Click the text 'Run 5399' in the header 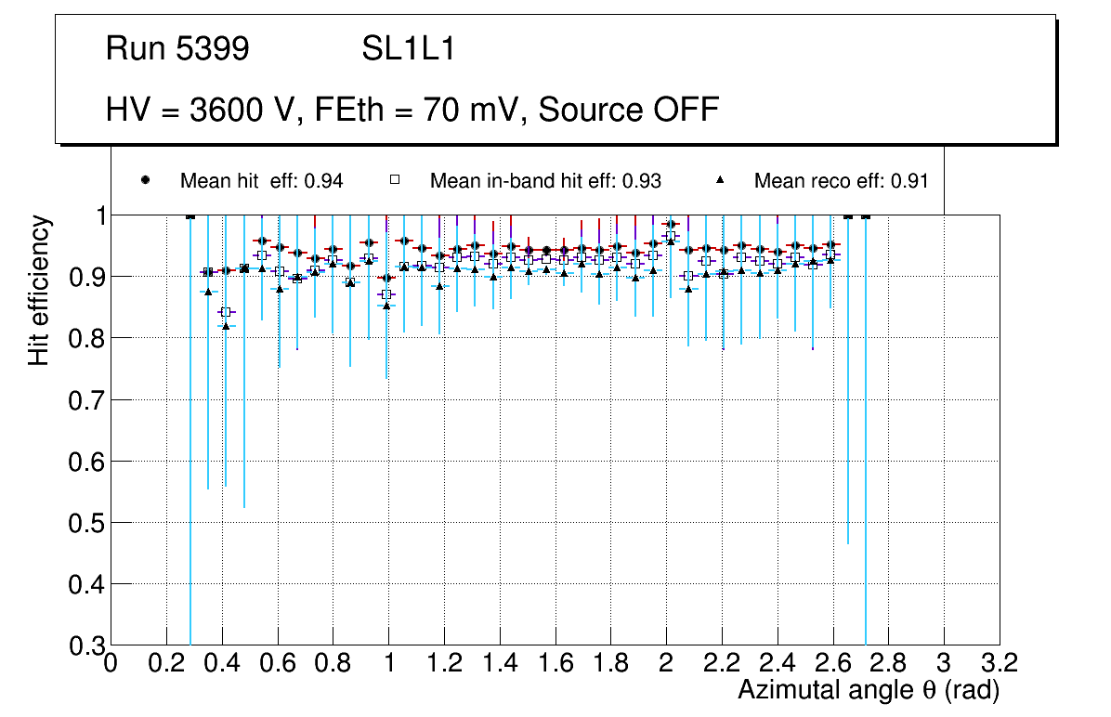pyautogui.click(x=177, y=49)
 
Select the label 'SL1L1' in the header pyautogui.click(x=409, y=49)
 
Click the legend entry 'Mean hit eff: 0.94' pyautogui.click(x=261, y=181)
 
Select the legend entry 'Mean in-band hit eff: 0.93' pyautogui.click(x=545, y=181)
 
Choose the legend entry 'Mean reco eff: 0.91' pyautogui.click(x=841, y=181)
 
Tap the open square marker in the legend pyautogui.click(x=395, y=180)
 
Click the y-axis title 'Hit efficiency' pyautogui.click(x=40, y=291)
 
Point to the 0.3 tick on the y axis pyautogui.click(x=85, y=645)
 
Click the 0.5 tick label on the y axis pyautogui.click(x=85, y=523)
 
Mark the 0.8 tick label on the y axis pyautogui.click(x=85, y=338)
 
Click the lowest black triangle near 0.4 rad pyautogui.click(x=226, y=325)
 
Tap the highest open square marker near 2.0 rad pyautogui.click(x=671, y=236)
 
